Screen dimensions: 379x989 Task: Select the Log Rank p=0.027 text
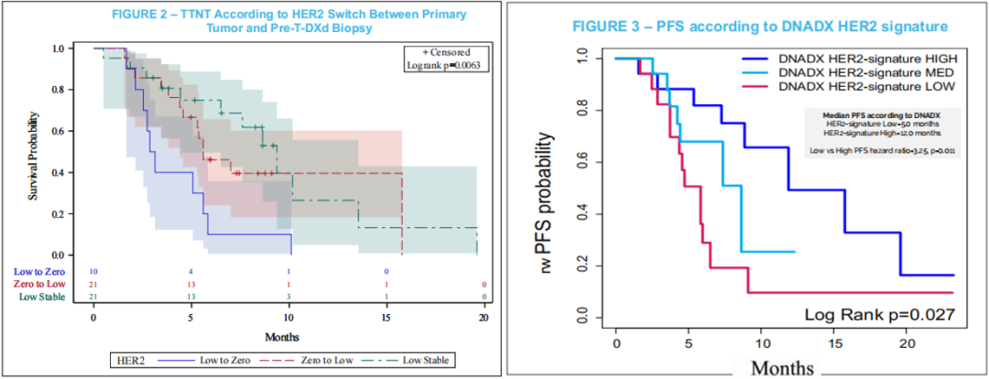(x=880, y=314)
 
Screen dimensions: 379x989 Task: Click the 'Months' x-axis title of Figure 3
(x=783, y=368)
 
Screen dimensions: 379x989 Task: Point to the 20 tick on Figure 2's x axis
(x=483, y=316)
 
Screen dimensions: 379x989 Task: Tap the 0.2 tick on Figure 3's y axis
(x=583, y=265)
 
